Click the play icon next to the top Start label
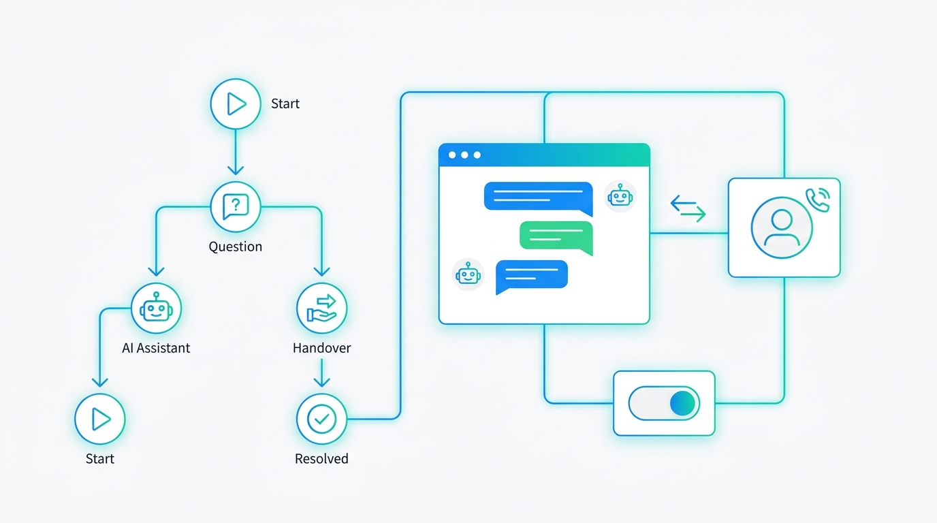click(x=236, y=104)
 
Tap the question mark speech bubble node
click(x=236, y=207)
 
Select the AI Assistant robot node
click(x=156, y=308)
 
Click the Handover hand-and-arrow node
click(x=321, y=308)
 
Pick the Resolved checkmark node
click(x=321, y=419)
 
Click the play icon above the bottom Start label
click(x=100, y=419)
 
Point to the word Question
click(x=236, y=247)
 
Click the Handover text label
click(x=321, y=348)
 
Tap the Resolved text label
click(x=321, y=458)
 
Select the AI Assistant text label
click(x=156, y=348)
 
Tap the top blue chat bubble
click(x=539, y=198)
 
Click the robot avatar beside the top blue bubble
click(x=620, y=196)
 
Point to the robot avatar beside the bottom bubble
click(x=468, y=274)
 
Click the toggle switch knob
click(x=682, y=403)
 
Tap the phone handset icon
click(x=819, y=200)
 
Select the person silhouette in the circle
click(x=782, y=228)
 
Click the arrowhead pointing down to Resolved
click(x=321, y=381)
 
